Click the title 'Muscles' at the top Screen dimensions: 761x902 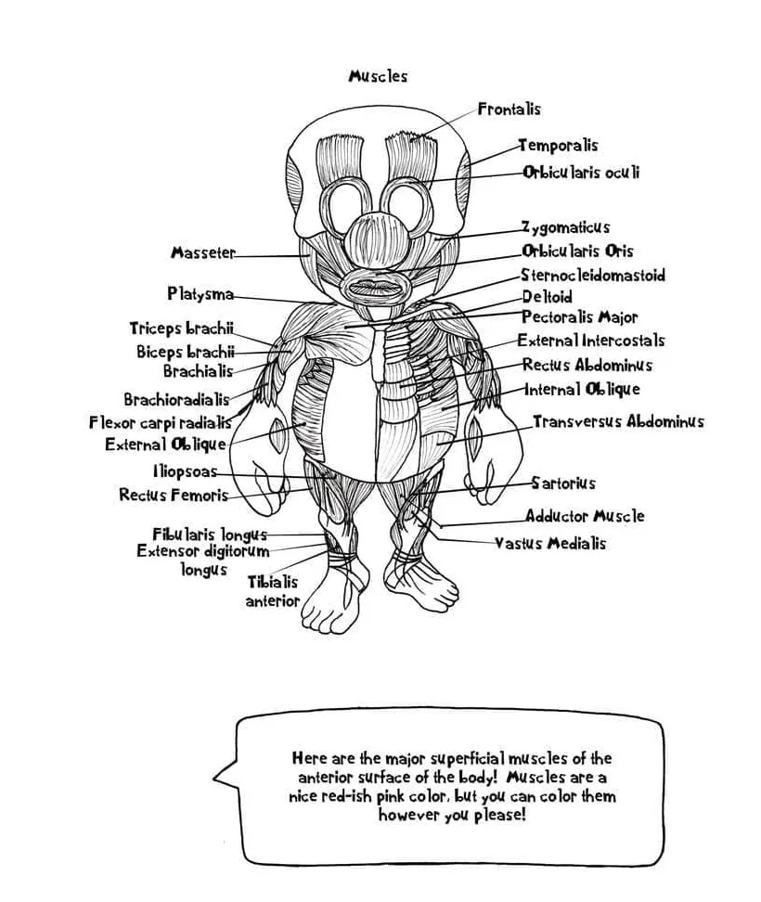[378, 76]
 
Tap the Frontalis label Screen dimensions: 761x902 [509, 110]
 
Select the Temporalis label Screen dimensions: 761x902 [557, 146]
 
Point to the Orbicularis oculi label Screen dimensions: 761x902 [580, 173]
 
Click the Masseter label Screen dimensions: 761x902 [203, 253]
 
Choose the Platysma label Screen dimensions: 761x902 [200, 294]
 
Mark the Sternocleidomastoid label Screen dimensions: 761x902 [592, 276]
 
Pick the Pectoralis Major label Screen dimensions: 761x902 [579, 317]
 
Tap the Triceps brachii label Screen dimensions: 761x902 [181, 329]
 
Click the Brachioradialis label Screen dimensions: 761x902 [176, 400]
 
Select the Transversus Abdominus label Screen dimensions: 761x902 [617, 422]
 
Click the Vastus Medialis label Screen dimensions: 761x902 [549, 544]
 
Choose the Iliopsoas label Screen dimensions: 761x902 [186, 471]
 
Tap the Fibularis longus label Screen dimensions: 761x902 [210, 535]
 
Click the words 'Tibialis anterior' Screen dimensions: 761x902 [272, 592]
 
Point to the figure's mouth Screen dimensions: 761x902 [375, 287]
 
